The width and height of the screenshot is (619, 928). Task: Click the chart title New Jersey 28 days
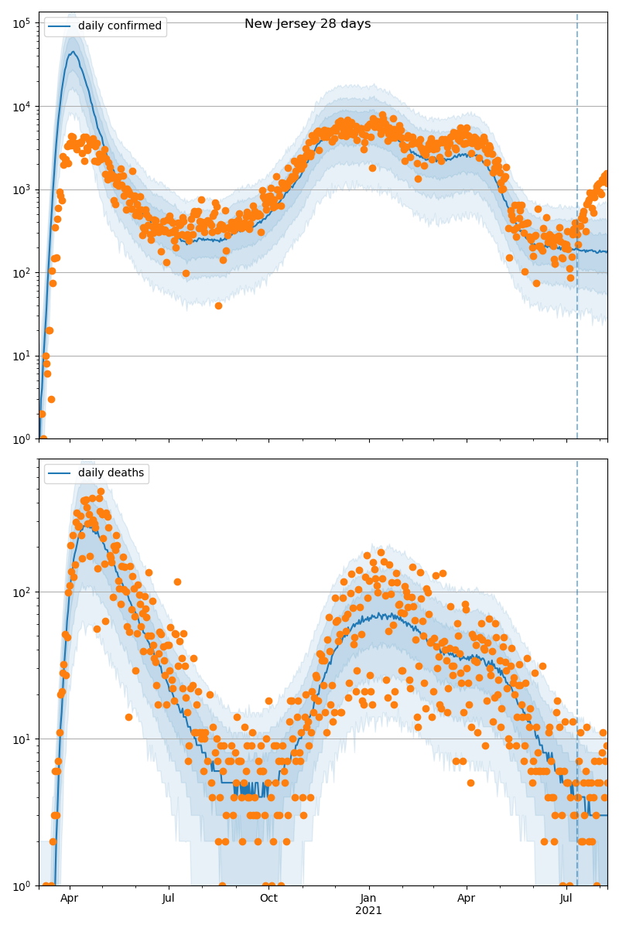click(x=307, y=24)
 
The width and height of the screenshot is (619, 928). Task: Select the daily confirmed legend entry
click(x=119, y=26)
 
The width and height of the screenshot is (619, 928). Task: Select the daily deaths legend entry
click(x=111, y=473)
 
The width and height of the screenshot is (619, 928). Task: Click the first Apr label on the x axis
click(x=70, y=899)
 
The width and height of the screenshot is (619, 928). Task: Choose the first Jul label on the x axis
click(x=169, y=899)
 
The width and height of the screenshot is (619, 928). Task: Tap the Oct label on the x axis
click(x=268, y=899)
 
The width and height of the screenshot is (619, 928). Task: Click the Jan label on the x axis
click(x=368, y=899)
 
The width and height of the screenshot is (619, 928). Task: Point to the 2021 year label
click(x=368, y=911)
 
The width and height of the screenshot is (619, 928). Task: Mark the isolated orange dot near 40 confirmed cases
click(x=218, y=305)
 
